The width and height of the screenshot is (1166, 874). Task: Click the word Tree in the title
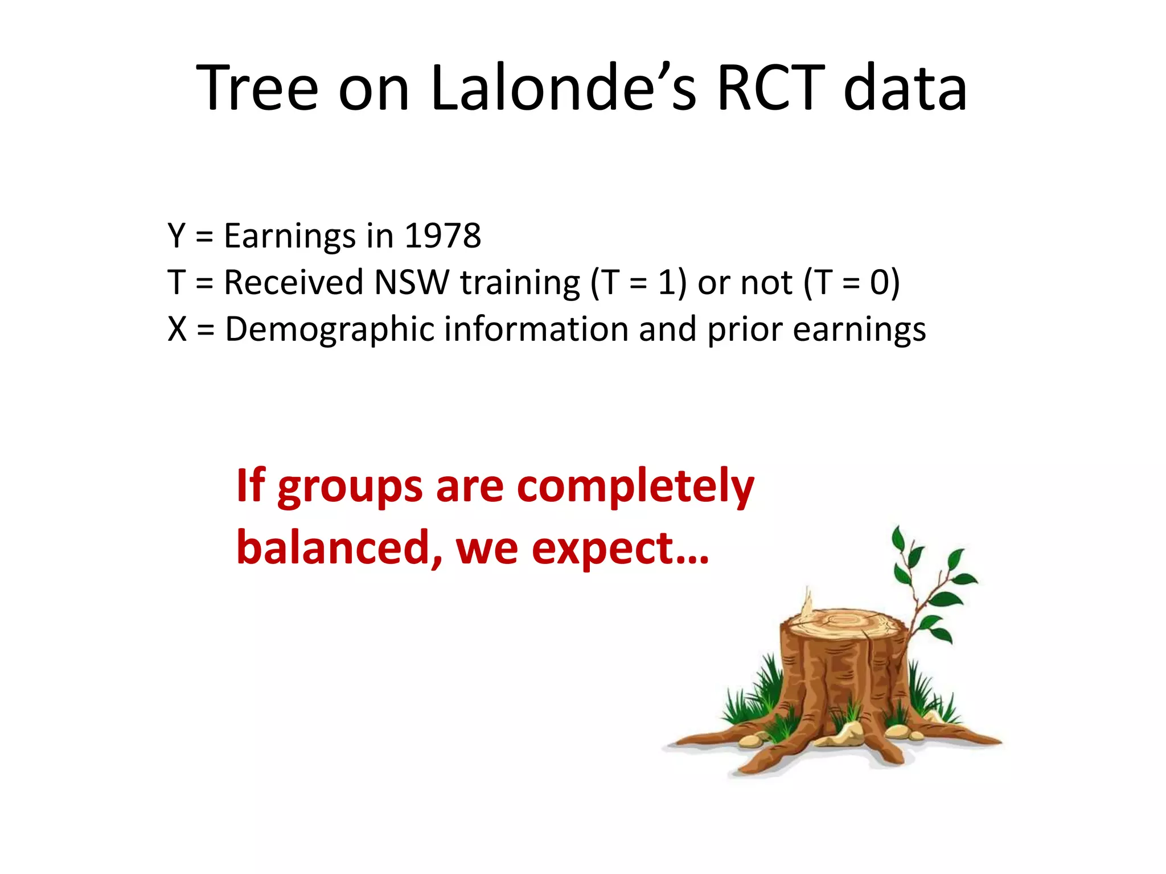tap(257, 88)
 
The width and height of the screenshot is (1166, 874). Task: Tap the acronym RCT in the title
tap(771, 88)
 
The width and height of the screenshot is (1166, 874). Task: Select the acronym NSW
tap(412, 282)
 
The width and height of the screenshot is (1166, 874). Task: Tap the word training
tap(520, 283)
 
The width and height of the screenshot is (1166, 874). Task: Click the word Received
tap(293, 282)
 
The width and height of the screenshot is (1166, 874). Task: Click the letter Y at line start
tap(177, 236)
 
